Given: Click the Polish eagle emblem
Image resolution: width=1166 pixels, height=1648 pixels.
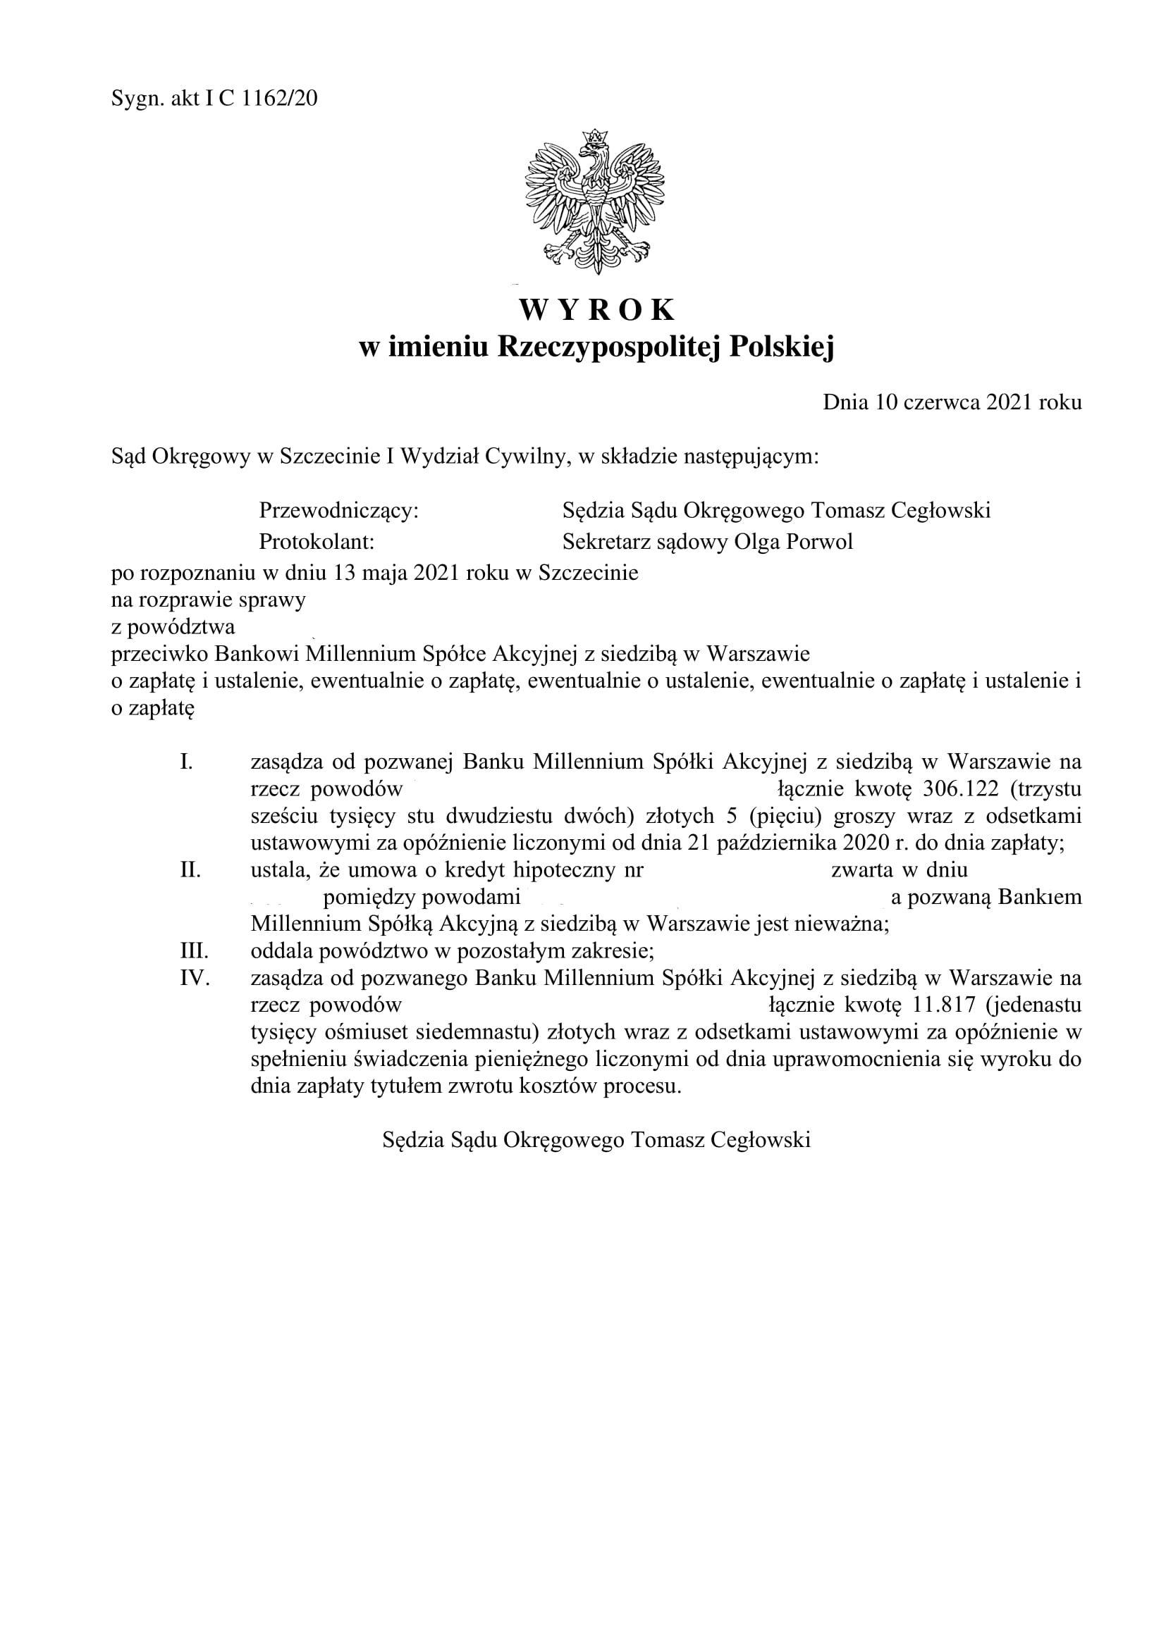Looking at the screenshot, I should pos(594,202).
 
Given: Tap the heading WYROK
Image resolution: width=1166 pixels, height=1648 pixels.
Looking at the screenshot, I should pos(596,309).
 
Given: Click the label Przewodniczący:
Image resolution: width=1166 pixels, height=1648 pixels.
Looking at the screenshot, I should pos(338,510).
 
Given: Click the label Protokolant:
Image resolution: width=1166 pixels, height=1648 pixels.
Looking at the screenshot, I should pos(317,541).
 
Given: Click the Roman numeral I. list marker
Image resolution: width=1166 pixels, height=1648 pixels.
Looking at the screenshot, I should pos(186,762).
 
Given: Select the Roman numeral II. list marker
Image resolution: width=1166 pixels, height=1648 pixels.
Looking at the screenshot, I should pos(190,870).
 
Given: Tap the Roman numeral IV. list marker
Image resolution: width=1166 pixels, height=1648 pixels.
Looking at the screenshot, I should pos(194,979).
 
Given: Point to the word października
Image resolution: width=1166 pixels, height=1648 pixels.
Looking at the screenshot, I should pos(776,843).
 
